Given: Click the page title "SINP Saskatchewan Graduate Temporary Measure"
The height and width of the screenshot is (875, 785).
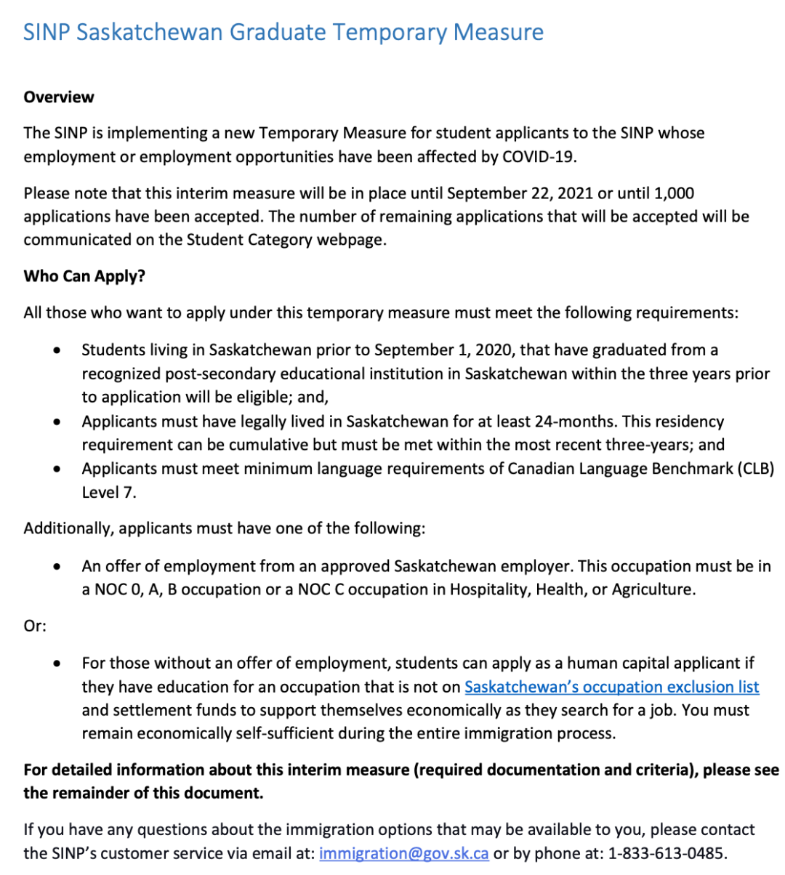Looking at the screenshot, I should (x=283, y=33).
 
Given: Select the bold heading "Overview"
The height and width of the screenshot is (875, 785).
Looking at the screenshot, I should (x=59, y=97).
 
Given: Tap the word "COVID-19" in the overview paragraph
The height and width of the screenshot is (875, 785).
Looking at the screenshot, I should (x=539, y=156).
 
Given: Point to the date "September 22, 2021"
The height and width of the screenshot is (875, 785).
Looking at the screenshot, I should (x=520, y=193).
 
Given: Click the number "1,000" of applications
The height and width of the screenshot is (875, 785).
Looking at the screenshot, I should (x=674, y=193).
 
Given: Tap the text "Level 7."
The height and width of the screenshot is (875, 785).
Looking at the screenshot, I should (x=109, y=492).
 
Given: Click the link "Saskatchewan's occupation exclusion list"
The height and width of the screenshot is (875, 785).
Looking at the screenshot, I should (x=611, y=687).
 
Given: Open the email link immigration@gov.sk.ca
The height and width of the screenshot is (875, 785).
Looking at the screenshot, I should (x=403, y=853).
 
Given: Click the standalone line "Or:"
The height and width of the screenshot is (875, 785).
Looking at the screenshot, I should (x=35, y=626).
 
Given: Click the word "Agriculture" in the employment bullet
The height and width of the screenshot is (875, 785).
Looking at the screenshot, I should (x=653, y=589).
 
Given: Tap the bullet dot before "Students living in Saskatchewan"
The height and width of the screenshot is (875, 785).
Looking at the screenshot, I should (x=57, y=350).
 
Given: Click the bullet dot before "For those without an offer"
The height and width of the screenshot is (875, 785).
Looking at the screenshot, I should (x=57, y=664).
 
